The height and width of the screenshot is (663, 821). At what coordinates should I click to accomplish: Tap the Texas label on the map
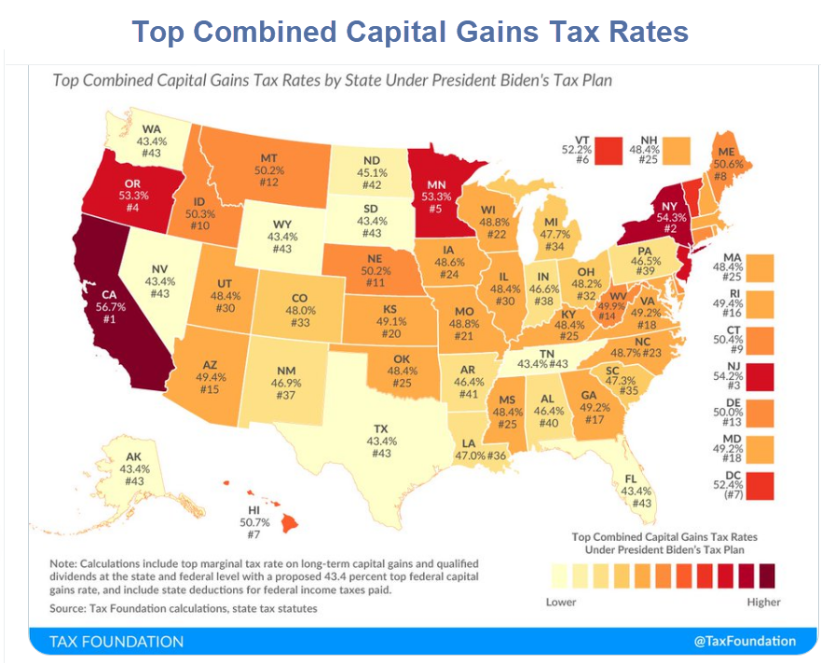click(x=383, y=441)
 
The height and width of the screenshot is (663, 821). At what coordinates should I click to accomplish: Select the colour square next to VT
click(x=609, y=147)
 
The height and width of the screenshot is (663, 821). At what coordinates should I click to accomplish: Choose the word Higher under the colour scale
click(x=763, y=602)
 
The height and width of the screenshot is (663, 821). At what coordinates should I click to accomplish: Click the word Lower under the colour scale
click(x=561, y=602)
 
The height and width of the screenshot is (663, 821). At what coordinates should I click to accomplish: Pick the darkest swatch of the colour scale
click(x=767, y=576)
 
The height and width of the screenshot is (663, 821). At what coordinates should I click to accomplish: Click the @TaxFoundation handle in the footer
click(x=745, y=641)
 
